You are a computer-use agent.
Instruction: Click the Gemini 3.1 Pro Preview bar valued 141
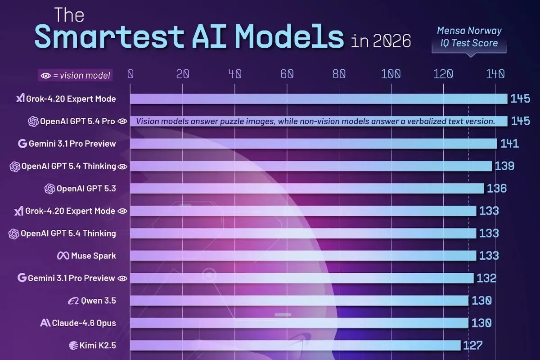click(313, 144)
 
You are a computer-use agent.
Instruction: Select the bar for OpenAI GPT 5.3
click(307, 188)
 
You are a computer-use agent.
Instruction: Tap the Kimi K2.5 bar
click(295, 345)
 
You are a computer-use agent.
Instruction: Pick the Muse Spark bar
click(303, 256)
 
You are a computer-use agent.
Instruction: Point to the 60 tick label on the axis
click(287, 74)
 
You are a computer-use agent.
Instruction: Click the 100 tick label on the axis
click(391, 74)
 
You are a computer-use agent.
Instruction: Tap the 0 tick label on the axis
click(130, 74)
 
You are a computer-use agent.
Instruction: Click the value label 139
click(504, 166)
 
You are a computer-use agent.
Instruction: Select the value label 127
click(473, 345)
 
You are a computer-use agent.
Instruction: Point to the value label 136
click(497, 188)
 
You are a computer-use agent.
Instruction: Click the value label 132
click(486, 278)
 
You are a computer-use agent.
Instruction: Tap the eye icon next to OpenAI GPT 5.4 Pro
click(122, 121)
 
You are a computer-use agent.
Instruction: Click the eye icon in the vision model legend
click(45, 76)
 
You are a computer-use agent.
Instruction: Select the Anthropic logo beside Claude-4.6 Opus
click(45, 323)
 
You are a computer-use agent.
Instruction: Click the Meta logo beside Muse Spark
click(63, 256)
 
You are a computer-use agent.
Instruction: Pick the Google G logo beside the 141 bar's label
click(22, 144)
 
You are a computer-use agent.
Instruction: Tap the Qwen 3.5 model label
click(99, 301)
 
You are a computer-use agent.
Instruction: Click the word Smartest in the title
click(109, 36)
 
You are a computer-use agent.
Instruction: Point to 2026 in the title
click(392, 41)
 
